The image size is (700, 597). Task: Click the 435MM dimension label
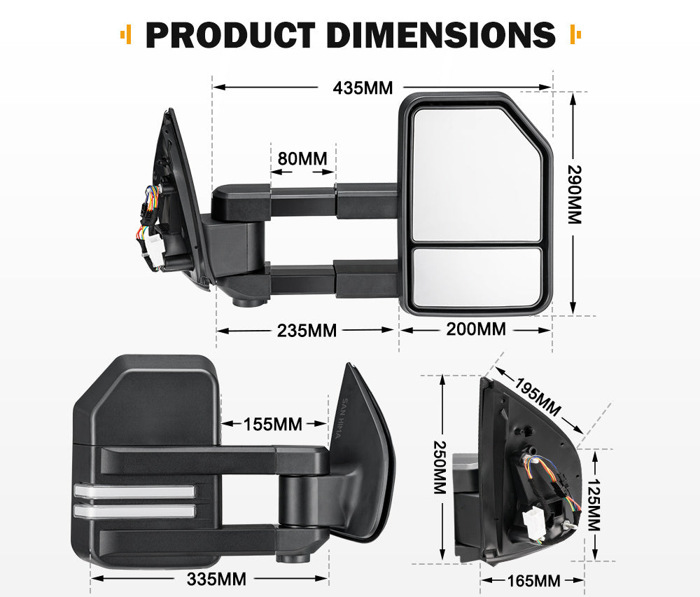363,88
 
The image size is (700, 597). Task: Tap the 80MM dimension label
302,158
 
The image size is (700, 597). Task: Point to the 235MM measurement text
305,330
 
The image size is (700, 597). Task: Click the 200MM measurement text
476,329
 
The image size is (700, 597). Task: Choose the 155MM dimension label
273,424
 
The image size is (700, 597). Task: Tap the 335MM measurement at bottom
216,579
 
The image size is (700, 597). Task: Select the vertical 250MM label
440,467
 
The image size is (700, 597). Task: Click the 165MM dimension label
532,580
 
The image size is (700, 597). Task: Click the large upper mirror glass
476,172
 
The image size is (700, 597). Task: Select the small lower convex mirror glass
477,276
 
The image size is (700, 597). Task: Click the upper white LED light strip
133,492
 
